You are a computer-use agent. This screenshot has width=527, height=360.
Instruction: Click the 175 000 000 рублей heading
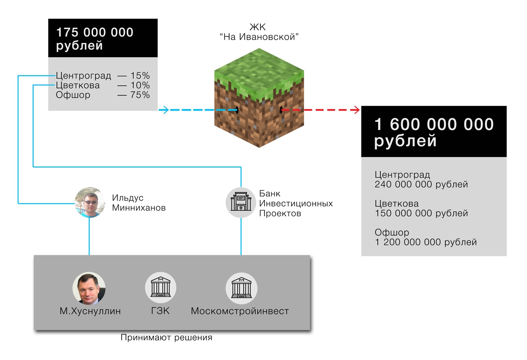[94, 39]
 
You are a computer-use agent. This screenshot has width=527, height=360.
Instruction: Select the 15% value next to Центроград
[140, 76]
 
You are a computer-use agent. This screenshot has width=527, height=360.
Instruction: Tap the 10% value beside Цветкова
[140, 85]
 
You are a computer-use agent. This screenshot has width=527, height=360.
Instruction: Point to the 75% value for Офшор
[140, 95]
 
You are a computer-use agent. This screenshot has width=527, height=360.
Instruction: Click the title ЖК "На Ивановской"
[259, 32]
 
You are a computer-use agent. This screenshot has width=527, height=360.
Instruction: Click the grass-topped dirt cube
[259, 98]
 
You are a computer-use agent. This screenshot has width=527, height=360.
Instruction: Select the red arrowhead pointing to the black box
[355, 110]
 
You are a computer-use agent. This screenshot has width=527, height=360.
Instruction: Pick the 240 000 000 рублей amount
[421, 184]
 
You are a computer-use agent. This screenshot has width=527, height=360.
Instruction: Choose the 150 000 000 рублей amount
[421, 213]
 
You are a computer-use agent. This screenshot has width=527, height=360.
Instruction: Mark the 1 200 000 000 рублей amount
[426, 242]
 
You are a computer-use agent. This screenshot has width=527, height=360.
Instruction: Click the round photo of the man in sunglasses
[90, 202]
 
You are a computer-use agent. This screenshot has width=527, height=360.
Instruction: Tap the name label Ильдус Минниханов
[139, 203]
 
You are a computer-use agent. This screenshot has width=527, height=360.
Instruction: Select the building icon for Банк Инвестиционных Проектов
[241, 202]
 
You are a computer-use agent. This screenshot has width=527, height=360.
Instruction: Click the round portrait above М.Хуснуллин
[89, 288]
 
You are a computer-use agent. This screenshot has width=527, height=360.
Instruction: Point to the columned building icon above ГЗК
[160, 287]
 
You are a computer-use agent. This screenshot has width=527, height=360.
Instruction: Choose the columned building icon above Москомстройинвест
[242, 288]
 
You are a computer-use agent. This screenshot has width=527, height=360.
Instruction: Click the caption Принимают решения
[166, 338]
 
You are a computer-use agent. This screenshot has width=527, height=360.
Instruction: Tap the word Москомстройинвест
[240, 311]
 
